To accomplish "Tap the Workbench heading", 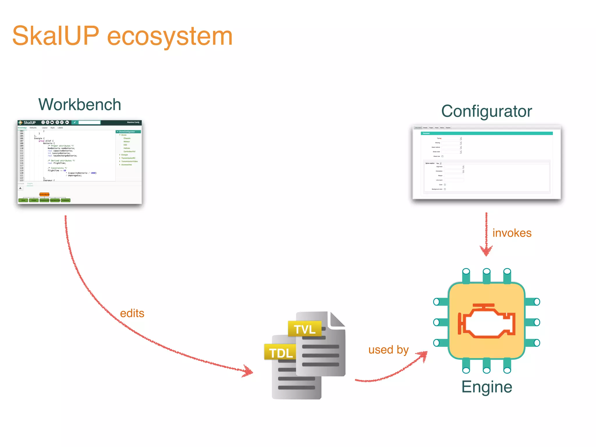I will pos(79,104).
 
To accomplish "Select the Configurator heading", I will pos(487,111).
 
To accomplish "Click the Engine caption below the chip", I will pos(487,387).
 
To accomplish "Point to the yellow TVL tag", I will pos(305,329).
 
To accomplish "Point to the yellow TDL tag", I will pos(281,353).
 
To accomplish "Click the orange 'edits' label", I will pos(132,313).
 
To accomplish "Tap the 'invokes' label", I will pos(512,233).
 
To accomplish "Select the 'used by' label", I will pos(389,350).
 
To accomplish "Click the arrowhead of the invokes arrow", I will pos(486,251).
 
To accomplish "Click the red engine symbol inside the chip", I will pos(487,321).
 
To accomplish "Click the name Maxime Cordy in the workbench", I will pos(133,122).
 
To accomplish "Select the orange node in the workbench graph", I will pos(44,194).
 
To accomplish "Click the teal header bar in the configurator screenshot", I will pos(487,133).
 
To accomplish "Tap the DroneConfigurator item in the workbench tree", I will pos(127,132).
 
